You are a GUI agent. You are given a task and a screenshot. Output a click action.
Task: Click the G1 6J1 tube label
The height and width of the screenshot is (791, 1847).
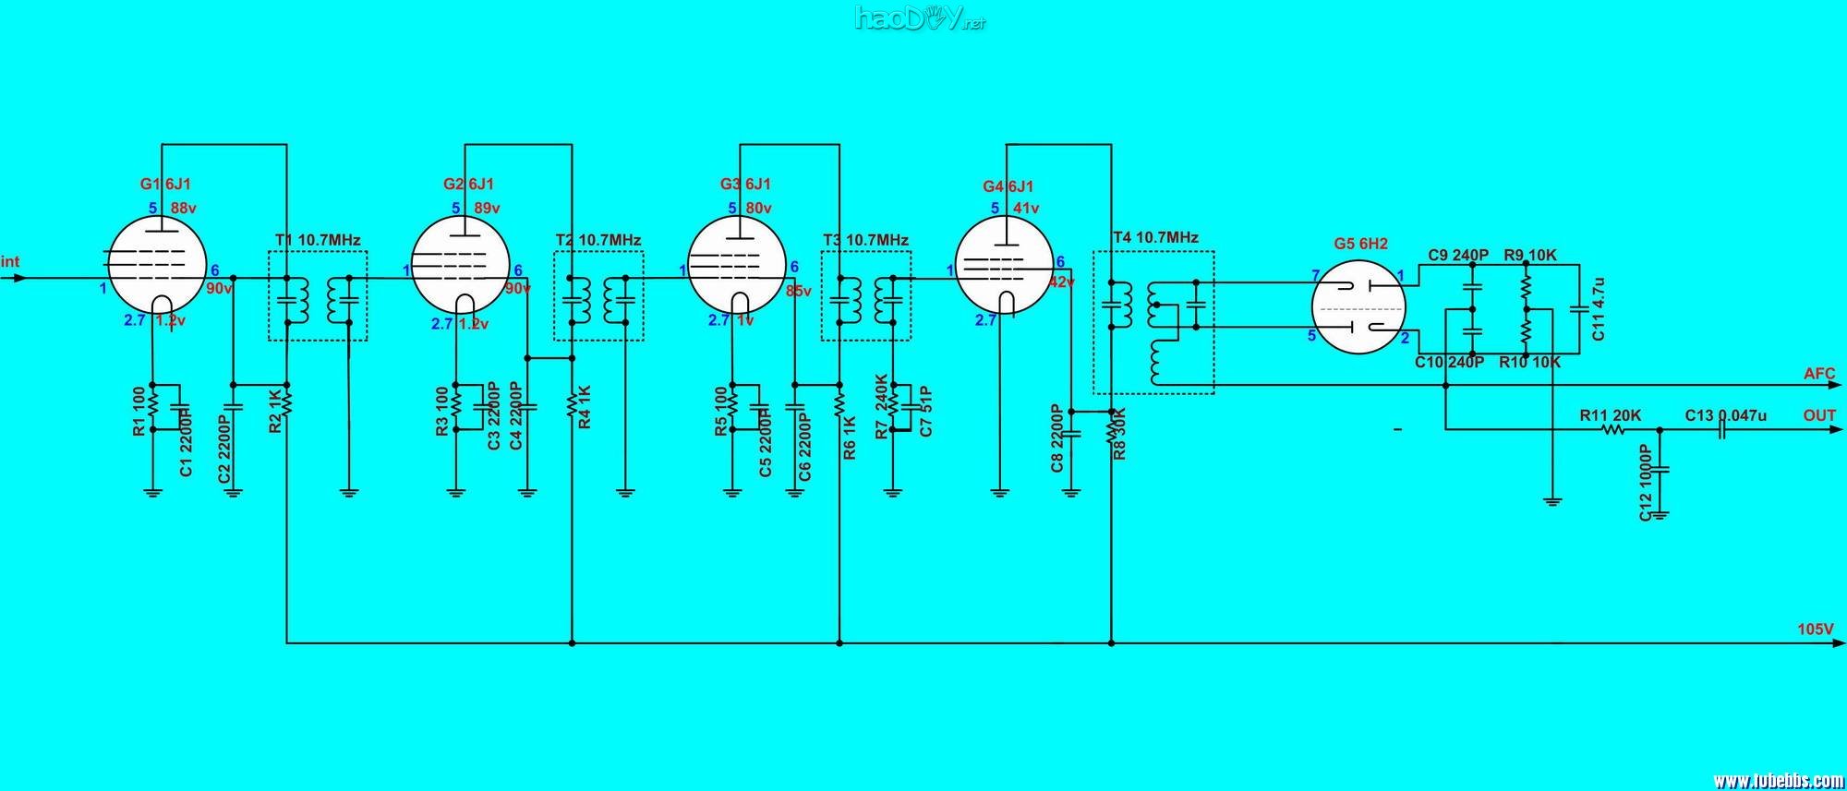165,185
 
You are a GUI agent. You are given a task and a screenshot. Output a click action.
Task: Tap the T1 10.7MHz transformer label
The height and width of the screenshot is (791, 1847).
318,240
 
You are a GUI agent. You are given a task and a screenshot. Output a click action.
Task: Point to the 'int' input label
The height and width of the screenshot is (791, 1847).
10,262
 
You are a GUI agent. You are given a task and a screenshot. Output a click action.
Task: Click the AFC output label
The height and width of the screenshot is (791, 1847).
1819,374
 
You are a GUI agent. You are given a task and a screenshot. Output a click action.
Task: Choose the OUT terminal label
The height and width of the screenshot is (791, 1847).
1819,415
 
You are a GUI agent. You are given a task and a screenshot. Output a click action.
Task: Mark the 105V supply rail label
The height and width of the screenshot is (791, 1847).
1815,629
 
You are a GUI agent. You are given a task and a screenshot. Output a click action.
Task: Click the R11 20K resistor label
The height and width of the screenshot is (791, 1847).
1610,415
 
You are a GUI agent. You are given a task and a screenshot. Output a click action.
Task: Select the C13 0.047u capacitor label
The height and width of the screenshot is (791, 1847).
1725,415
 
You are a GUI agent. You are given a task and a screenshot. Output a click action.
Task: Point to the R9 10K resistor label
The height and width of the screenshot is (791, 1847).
1530,255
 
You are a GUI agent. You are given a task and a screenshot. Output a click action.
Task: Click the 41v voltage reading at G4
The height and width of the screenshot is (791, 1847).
1026,209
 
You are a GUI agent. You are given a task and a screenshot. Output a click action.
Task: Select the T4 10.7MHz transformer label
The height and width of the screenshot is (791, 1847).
1155,237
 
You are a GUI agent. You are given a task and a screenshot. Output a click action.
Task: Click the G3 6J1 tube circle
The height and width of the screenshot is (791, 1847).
738,264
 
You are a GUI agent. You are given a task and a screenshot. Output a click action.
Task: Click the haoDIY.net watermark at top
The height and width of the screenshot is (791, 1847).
920,18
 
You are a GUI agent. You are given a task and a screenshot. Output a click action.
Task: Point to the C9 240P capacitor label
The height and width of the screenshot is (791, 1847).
1458,255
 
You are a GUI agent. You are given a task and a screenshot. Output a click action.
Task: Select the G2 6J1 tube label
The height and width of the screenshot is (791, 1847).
468,185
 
